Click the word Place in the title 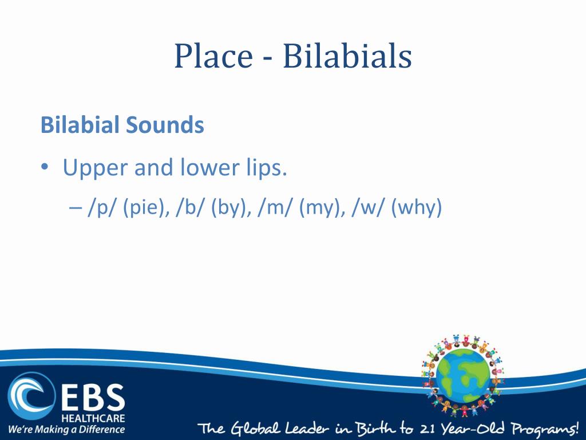(213, 57)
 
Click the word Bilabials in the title (347, 57)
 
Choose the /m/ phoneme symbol (275, 208)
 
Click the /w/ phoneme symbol (368, 208)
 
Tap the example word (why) (417, 208)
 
